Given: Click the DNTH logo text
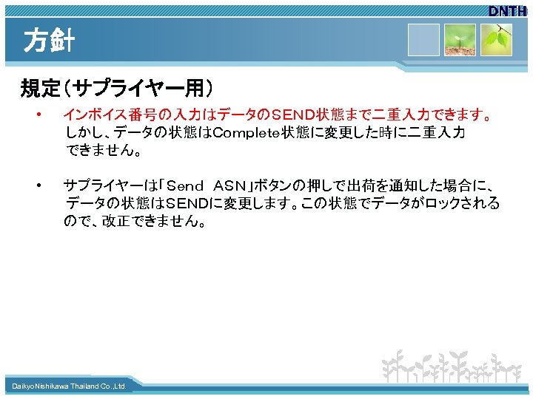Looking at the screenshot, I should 507,11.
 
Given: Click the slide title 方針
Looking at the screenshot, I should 49,41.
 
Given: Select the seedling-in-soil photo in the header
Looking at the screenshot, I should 460,40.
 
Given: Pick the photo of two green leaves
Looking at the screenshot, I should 496,40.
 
